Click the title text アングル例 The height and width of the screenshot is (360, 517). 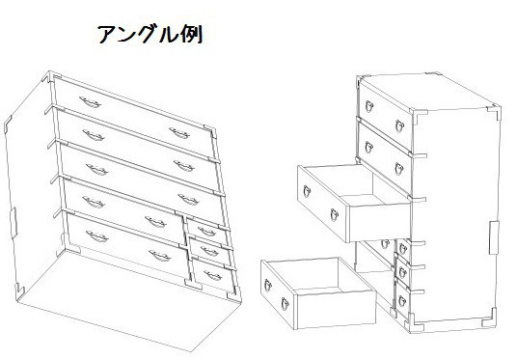(149, 36)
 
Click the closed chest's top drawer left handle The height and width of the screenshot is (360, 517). (90, 99)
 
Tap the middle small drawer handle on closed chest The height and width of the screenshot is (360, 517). (206, 254)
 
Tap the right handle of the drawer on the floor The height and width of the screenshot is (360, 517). (286, 306)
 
